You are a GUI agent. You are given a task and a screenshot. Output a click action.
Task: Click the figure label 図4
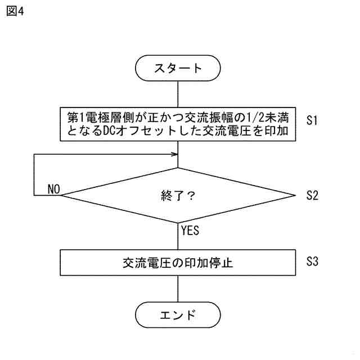pyautogui.click(x=16, y=12)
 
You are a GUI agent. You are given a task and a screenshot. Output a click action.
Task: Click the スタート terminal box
pyautogui.click(x=178, y=68)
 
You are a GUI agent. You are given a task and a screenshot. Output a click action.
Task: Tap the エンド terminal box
pyautogui.click(x=178, y=314)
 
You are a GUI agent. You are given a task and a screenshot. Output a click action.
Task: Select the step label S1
pyautogui.click(x=313, y=120)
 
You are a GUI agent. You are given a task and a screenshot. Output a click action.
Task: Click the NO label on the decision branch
pyautogui.click(x=54, y=188)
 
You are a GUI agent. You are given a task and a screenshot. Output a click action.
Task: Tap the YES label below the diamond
pyautogui.click(x=190, y=229)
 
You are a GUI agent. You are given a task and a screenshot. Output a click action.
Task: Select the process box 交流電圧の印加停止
pyautogui.click(x=178, y=263)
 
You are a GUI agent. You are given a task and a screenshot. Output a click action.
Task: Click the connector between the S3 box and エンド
pyautogui.click(x=178, y=288)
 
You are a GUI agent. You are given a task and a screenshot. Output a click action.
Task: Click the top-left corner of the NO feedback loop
pyautogui.click(x=34, y=155)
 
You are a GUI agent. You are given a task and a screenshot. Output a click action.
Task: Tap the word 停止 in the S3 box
pyautogui.click(x=223, y=263)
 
